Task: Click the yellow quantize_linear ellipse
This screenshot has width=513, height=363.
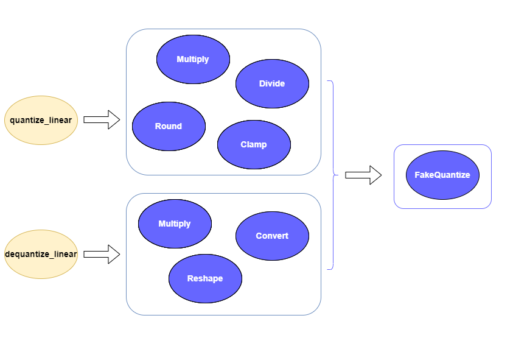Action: tap(41, 120)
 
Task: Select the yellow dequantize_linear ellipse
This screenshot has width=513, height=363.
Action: tap(41, 254)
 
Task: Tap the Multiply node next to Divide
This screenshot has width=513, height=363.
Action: tap(193, 59)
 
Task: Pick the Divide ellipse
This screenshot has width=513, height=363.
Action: tap(272, 83)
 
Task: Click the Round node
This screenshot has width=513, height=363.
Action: tap(169, 126)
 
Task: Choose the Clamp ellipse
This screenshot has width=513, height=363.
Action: tap(254, 144)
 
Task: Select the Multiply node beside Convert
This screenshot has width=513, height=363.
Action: tap(175, 224)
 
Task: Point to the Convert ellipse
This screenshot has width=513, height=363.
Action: tap(272, 236)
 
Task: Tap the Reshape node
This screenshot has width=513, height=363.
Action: tap(205, 278)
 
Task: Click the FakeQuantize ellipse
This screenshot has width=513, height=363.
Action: tap(442, 175)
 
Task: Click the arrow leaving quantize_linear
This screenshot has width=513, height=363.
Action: tap(101, 120)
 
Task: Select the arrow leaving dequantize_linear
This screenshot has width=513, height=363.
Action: tap(101, 254)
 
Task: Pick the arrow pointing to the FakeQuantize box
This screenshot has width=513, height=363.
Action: tap(363, 175)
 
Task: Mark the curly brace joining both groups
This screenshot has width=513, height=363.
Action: tap(332, 175)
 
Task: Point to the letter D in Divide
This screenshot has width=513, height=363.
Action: tap(262, 83)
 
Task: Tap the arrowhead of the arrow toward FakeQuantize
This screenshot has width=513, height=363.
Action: tap(375, 175)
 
